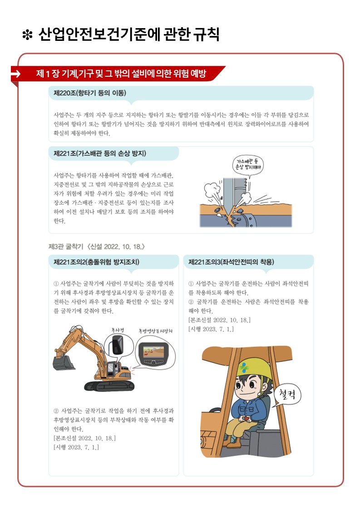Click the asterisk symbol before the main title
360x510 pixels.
(x=27, y=35)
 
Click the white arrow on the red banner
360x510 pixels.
(x=15, y=74)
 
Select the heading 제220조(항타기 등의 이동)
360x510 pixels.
(x=90, y=93)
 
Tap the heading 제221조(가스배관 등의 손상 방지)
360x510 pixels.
(x=100, y=153)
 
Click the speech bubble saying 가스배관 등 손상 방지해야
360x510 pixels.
(x=248, y=165)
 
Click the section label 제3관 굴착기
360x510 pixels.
(x=66, y=247)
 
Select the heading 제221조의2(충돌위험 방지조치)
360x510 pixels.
(x=96, y=262)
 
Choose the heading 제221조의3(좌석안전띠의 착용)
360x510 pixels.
(x=231, y=262)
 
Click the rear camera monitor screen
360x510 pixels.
(x=153, y=351)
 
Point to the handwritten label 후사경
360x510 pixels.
(x=117, y=330)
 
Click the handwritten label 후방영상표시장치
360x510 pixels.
(x=155, y=331)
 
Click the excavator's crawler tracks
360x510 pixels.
(x=109, y=386)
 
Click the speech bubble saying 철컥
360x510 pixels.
(x=287, y=395)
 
